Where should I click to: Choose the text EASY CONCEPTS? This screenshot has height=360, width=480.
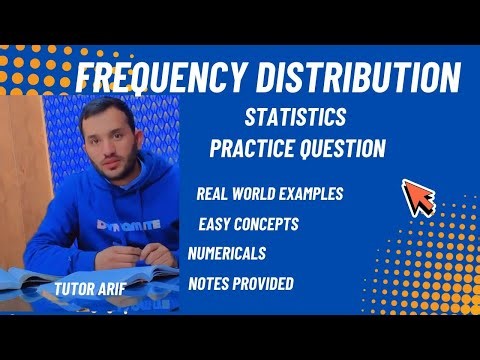pyautogui.click(x=248, y=223)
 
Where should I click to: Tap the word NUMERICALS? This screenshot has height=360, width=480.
pyautogui.click(x=232, y=253)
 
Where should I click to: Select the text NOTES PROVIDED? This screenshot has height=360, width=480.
pyautogui.click(x=241, y=284)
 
